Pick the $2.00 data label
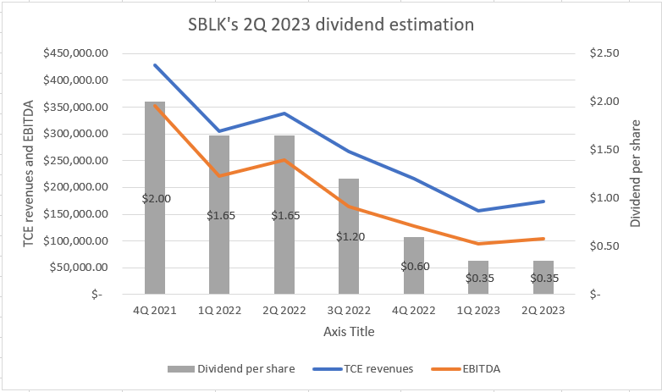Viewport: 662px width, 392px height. (155, 199)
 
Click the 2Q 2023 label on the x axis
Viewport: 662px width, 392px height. (543, 311)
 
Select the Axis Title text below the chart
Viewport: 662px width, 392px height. (348, 331)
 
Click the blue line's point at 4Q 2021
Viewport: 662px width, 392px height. (155, 65)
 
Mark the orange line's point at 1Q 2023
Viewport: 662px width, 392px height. (478, 244)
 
